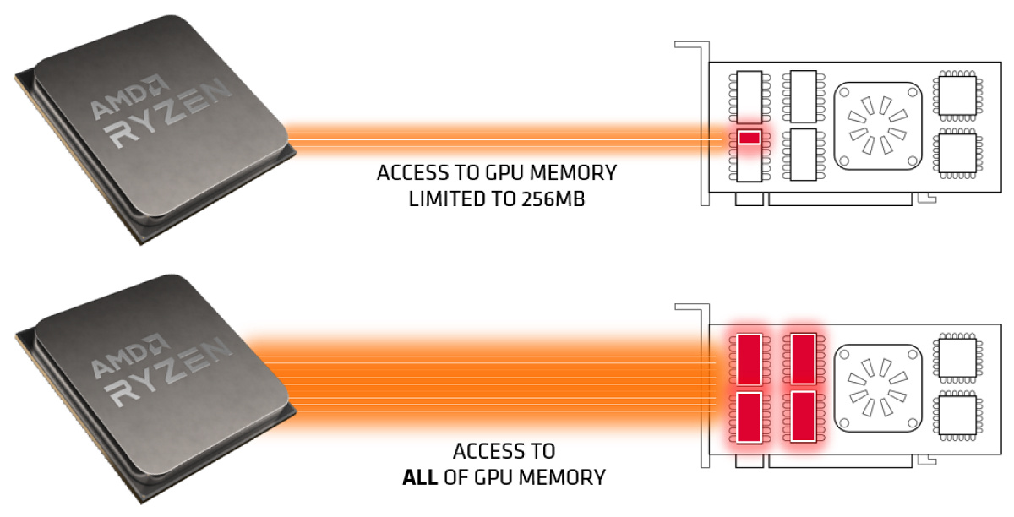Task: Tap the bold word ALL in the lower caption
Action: (419, 477)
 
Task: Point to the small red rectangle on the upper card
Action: (749, 138)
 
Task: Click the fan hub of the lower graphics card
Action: (876, 387)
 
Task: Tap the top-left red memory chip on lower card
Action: (750, 359)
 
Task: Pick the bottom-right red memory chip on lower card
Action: (804, 416)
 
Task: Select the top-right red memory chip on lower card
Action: (804, 359)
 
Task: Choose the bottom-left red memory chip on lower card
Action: (750, 416)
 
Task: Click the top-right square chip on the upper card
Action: (956, 97)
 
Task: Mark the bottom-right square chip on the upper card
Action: (956, 155)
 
